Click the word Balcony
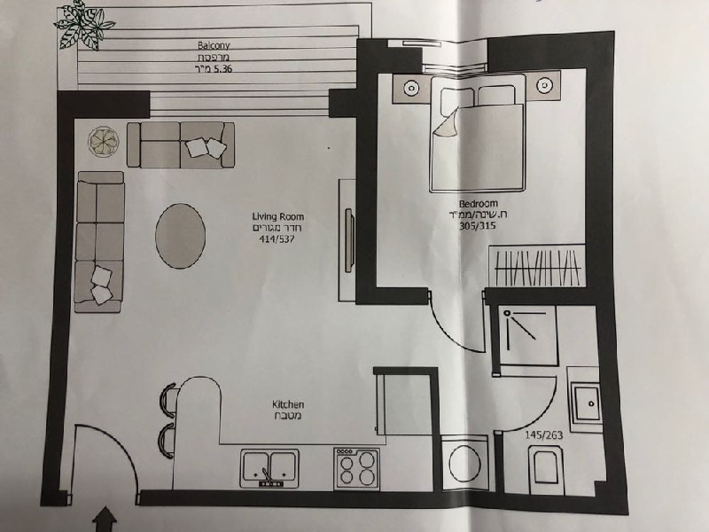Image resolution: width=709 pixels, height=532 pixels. coord(214,45)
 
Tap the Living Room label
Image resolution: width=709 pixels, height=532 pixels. coord(277,216)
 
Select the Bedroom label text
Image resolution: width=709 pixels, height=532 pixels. coord(478,204)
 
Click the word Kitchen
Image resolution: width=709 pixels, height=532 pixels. coord(287,404)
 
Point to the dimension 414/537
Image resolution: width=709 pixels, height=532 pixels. coord(277,239)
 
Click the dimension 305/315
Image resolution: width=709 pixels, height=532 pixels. coord(478,226)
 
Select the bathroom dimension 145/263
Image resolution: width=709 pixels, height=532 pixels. coord(543,435)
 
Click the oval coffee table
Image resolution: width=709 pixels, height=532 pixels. coord(181,236)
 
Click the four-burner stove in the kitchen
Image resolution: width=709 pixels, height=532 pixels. coord(357,469)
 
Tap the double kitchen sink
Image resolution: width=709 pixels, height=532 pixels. coord(270,468)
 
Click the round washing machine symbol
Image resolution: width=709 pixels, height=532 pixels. coord(464,463)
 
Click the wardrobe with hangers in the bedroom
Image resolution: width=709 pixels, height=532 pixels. coord(537,267)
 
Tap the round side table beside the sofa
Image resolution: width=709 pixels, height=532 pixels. coord(104,142)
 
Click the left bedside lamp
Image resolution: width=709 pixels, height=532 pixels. coord(411,87)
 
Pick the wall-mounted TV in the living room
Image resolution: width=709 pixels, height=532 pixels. coord(348,239)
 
